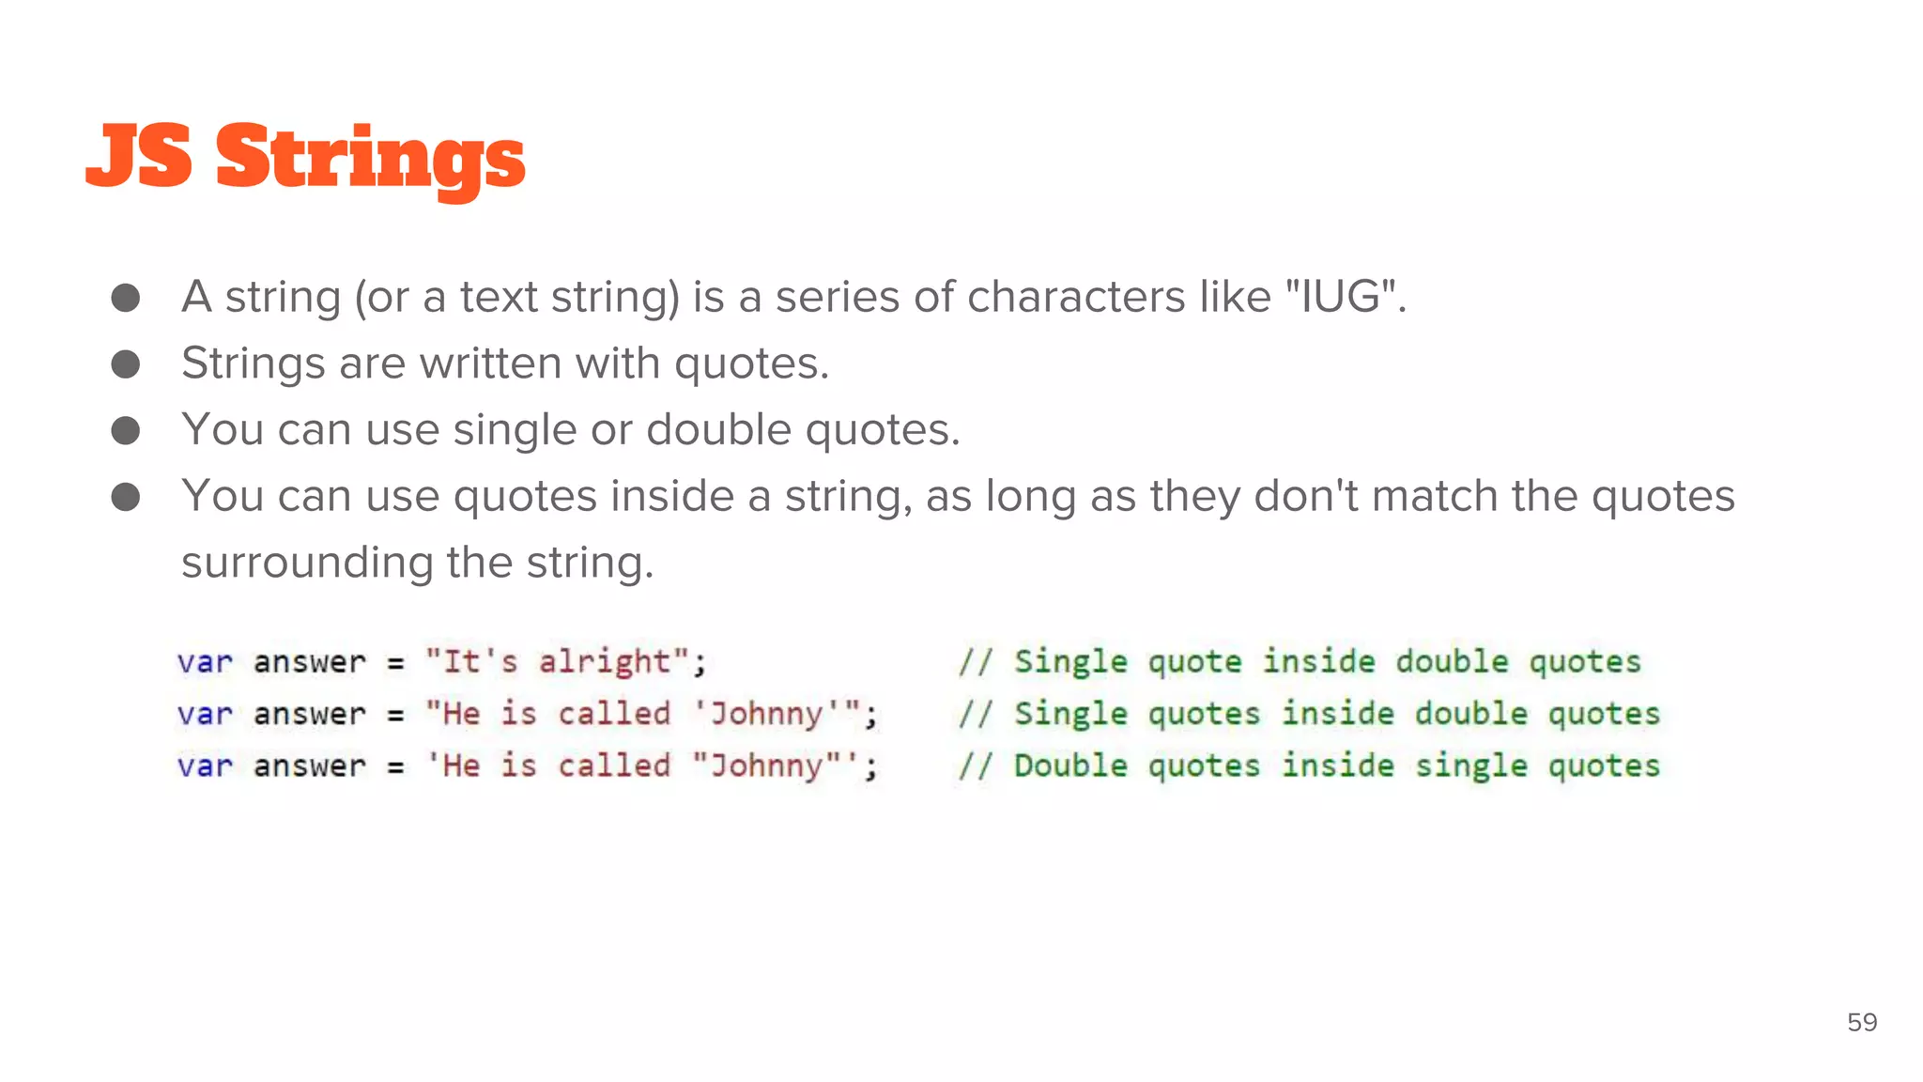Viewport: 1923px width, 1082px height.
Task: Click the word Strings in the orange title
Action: click(370, 158)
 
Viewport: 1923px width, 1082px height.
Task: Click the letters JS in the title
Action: click(139, 156)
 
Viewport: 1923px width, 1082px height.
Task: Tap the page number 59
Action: click(1862, 1022)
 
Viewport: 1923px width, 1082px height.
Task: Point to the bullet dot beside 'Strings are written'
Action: click(126, 363)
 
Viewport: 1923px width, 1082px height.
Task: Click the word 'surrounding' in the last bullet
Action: click(307, 564)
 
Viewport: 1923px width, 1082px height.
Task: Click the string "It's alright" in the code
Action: click(558, 662)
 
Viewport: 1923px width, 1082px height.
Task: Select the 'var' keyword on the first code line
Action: click(204, 662)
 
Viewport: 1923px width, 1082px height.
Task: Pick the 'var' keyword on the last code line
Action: click(204, 766)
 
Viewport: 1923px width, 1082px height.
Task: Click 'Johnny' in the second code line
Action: click(765, 714)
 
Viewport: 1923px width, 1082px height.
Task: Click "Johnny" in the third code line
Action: click(765, 766)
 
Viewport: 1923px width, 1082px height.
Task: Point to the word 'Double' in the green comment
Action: click(1070, 766)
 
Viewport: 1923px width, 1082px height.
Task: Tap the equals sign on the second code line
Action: click(395, 715)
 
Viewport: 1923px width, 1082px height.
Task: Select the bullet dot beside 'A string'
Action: click(126, 298)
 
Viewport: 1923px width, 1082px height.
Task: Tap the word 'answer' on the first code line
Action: click(309, 662)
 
